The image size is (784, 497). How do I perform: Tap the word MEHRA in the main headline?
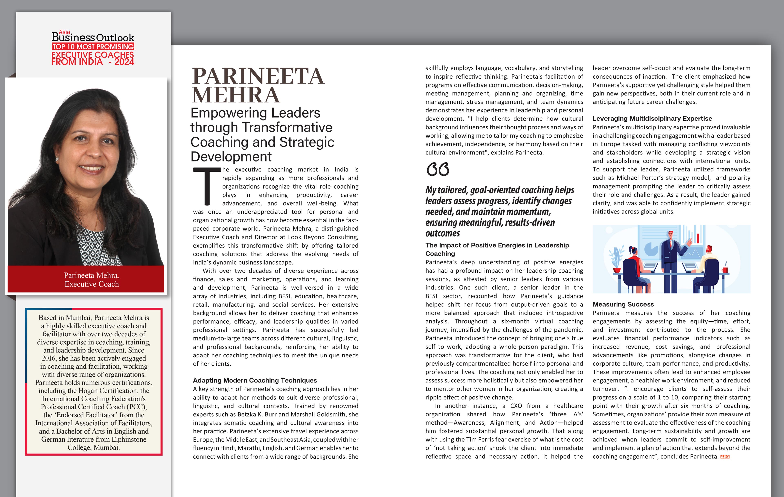point(236,95)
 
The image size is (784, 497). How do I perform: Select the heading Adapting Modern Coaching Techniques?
point(255,380)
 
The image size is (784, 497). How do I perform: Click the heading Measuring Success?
point(623,304)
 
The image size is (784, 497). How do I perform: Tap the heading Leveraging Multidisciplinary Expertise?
point(652,118)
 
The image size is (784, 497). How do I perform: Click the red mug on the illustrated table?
point(725,270)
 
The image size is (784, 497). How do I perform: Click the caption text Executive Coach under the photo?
point(92,284)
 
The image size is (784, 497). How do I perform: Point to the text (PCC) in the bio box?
point(136,407)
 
